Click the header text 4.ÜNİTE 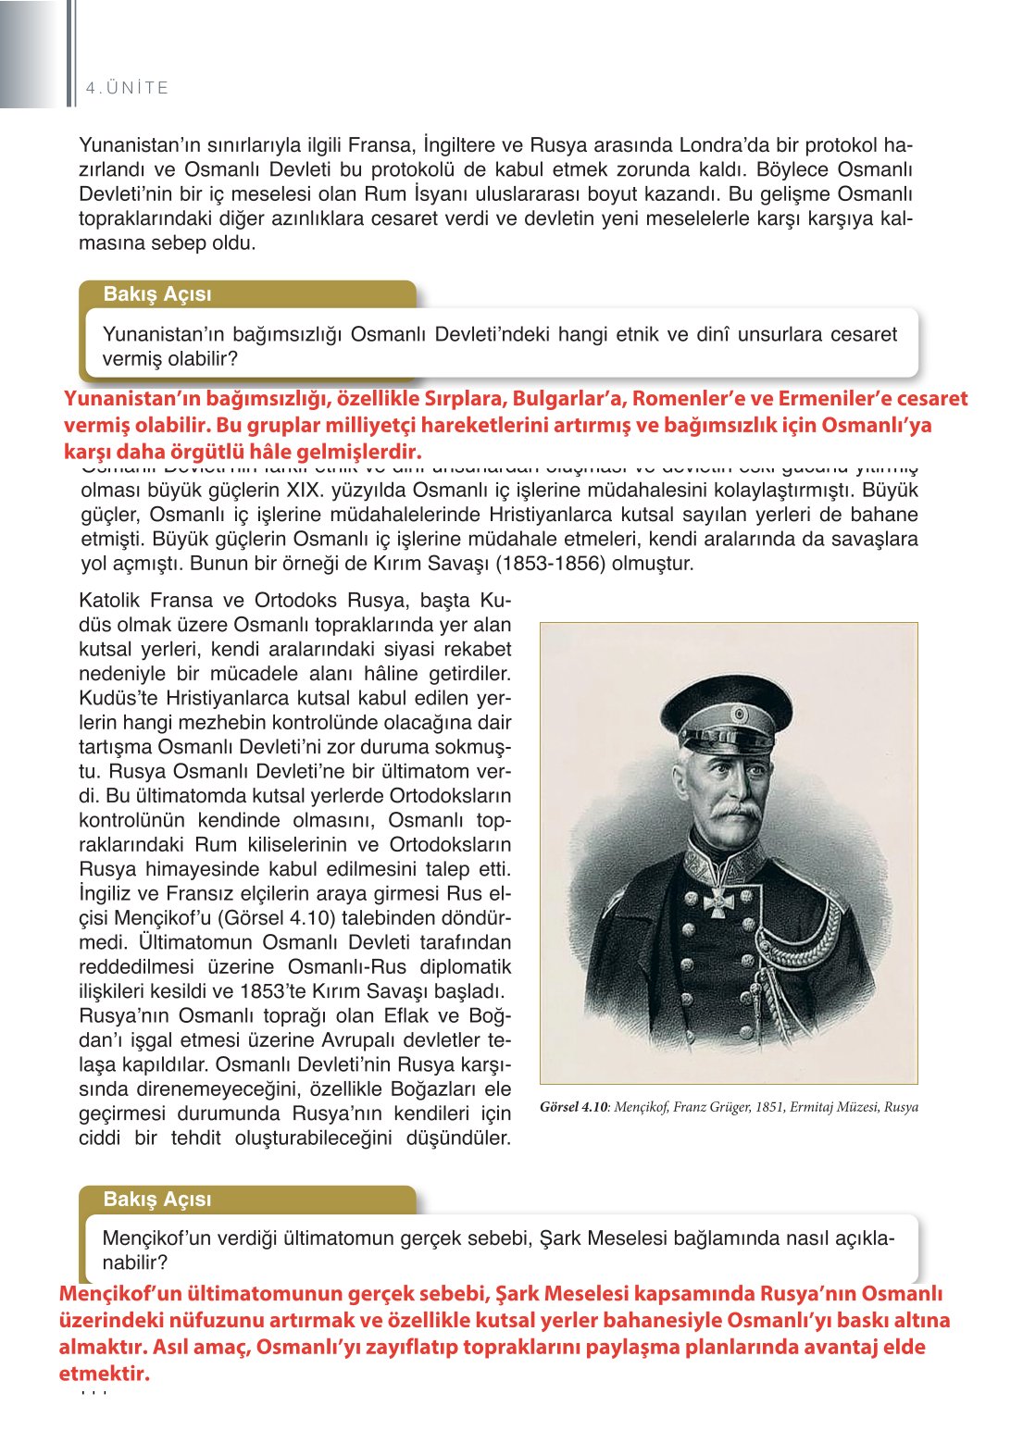pos(127,88)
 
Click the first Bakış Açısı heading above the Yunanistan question pos(157,294)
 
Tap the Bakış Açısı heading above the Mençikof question pos(157,1200)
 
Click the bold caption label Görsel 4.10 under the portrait pos(573,1107)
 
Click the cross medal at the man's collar pos(717,902)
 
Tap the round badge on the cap pos(739,715)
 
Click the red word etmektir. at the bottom pos(104,1374)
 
